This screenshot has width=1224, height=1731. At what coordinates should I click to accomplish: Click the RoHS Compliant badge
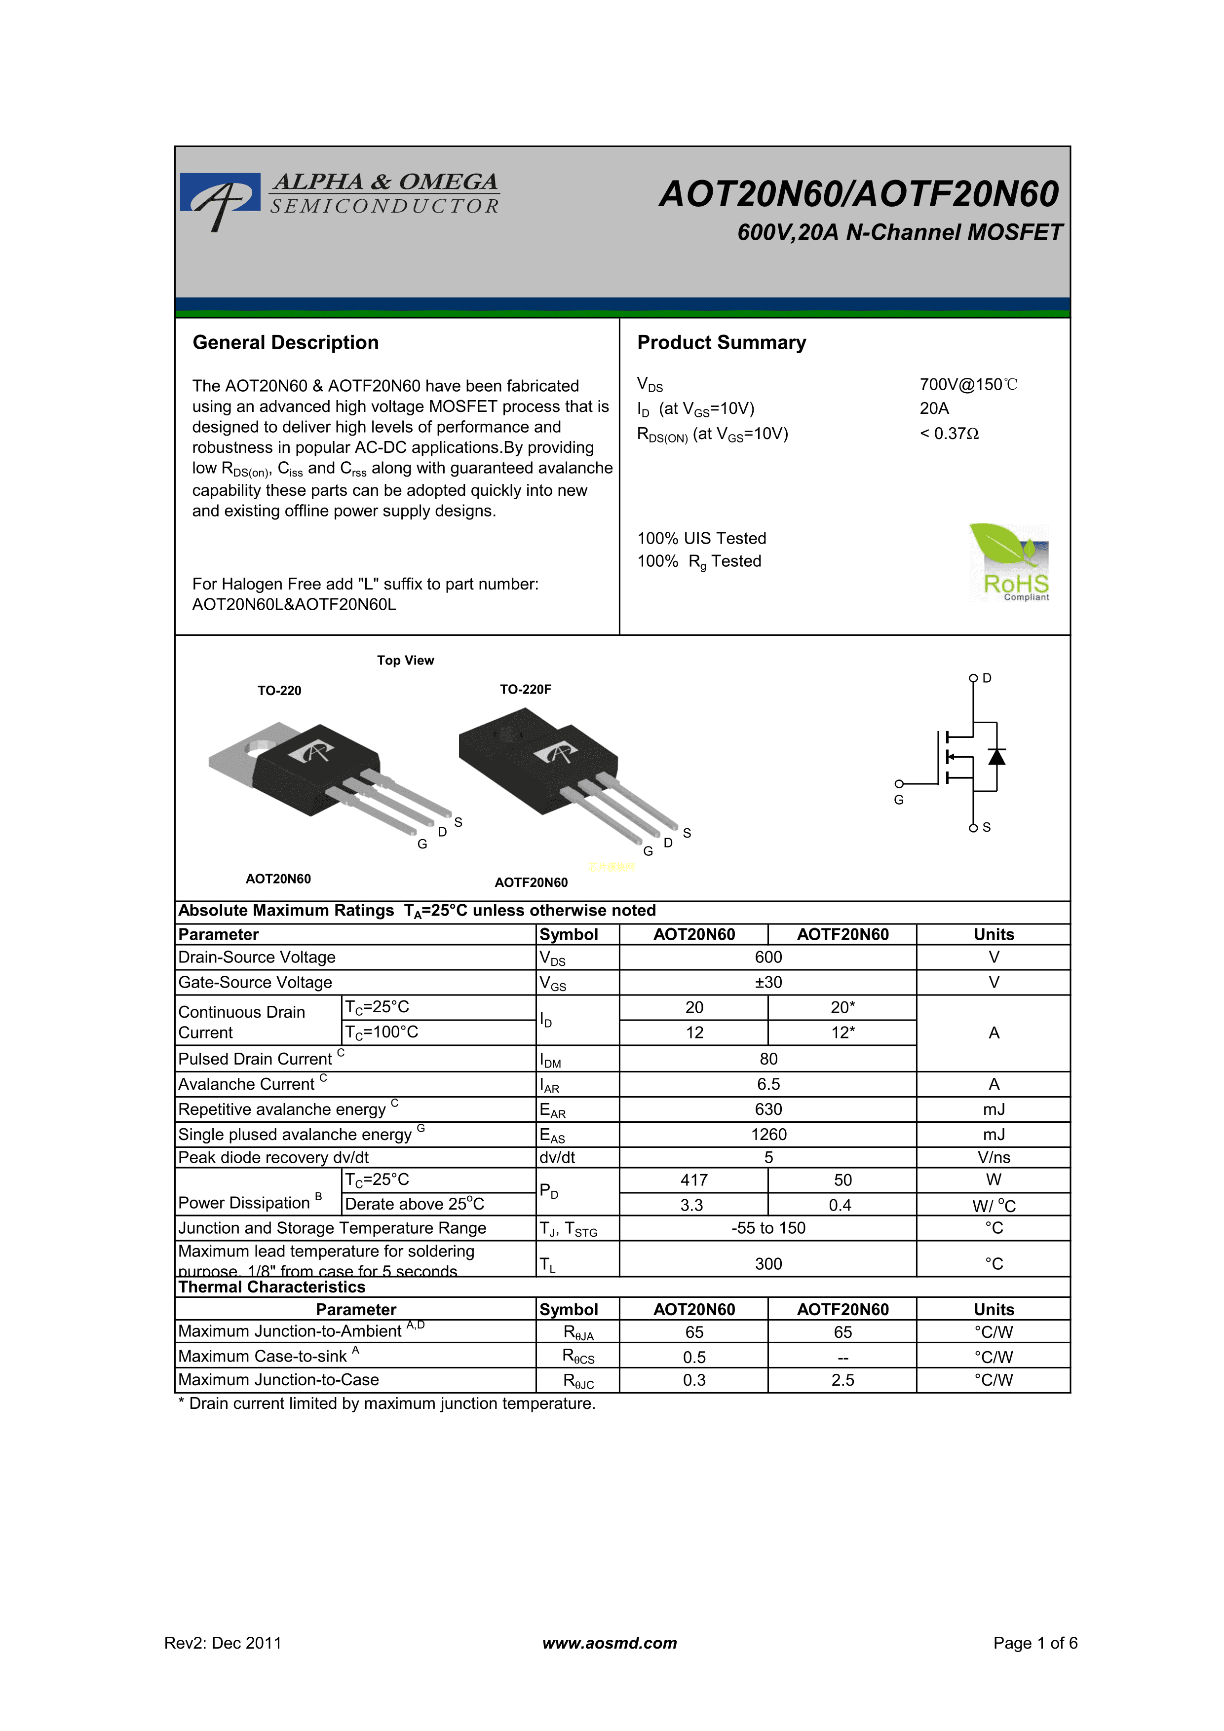1009,562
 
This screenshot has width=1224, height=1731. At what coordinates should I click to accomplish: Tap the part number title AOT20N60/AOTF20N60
859,194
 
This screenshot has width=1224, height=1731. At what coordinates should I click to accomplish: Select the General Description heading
286,343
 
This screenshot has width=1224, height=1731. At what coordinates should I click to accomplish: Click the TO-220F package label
525,689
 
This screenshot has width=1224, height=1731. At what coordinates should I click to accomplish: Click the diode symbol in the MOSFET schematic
996,756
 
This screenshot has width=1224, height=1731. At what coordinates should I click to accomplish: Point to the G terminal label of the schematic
898,800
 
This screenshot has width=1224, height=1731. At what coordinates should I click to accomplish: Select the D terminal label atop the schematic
987,678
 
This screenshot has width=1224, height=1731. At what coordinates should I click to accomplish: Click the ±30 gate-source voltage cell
768,982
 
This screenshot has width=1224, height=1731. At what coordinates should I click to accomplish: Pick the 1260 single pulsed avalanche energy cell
768,1135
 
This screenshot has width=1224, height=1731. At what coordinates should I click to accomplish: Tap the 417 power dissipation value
694,1180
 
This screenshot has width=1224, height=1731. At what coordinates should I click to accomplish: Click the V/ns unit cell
993,1157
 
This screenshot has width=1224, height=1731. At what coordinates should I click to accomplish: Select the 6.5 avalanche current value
768,1084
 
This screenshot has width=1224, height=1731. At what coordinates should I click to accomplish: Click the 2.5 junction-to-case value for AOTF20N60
842,1380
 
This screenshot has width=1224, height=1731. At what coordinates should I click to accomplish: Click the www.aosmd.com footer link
610,1643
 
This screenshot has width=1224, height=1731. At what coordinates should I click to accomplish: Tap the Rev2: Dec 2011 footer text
223,1643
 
